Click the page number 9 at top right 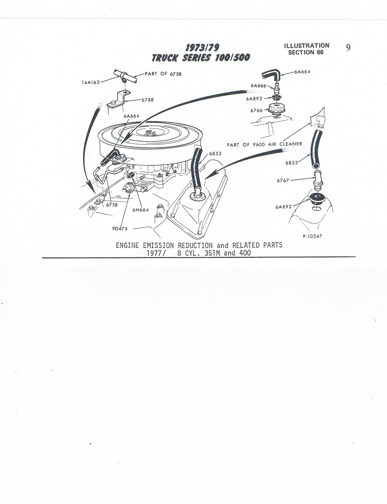(x=348, y=48)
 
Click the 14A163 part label (x=91, y=82)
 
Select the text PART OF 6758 (x=163, y=74)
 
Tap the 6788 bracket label (x=147, y=100)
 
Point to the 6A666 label (x=258, y=85)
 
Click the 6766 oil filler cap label (x=256, y=110)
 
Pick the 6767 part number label (x=283, y=180)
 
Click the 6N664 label (x=140, y=210)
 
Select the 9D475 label (x=120, y=229)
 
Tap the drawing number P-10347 (x=312, y=236)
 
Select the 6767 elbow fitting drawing (x=318, y=179)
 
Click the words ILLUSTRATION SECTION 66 (x=306, y=49)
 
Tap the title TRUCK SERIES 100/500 (x=201, y=58)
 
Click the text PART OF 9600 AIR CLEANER (x=264, y=144)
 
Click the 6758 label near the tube (x=112, y=205)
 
